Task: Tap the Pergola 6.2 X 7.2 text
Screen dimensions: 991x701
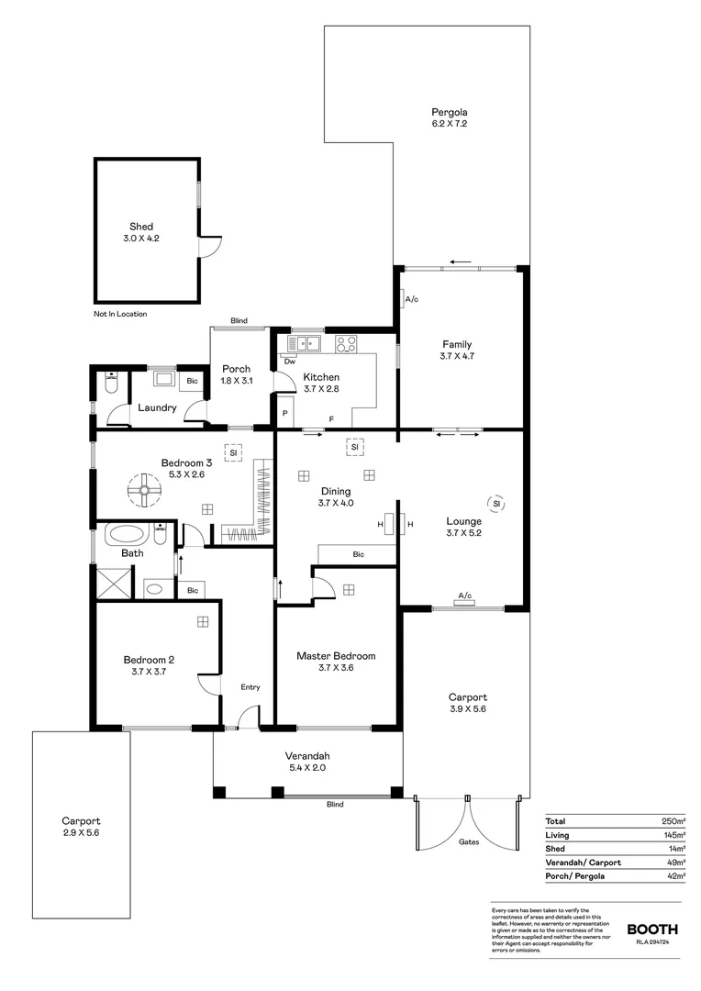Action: (x=451, y=117)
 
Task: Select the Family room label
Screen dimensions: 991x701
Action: (x=456, y=350)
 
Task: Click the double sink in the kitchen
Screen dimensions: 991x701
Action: (x=303, y=344)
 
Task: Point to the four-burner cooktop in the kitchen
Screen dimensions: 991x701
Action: (x=346, y=344)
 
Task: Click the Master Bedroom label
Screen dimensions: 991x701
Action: (x=335, y=662)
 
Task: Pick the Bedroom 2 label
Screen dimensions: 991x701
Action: (x=148, y=665)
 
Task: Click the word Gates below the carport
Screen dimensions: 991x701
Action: (x=468, y=841)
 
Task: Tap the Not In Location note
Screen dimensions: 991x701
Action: (x=120, y=314)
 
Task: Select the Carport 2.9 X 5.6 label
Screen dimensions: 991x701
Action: (x=81, y=827)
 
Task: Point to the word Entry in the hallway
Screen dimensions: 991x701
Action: (x=250, y=687)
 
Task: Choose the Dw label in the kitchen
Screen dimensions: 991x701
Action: (x=289, y=362)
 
